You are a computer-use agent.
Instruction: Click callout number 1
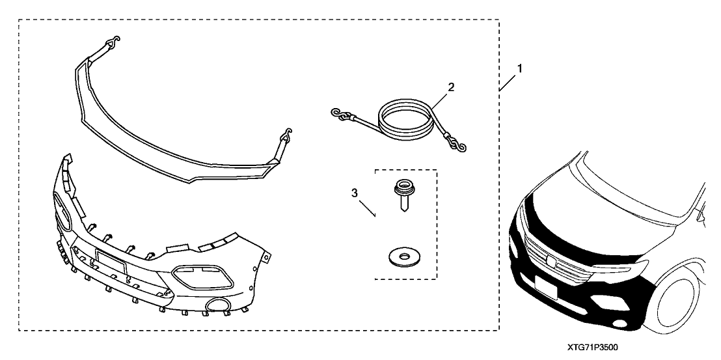click(x=519, y=68)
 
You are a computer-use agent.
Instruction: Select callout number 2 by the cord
click(x=451, y=87)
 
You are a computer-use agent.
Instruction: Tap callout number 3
click(x=355, y=193)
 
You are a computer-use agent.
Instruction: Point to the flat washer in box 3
click(x=404, y=256)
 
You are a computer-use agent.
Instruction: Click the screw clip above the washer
click(x=403, y=196)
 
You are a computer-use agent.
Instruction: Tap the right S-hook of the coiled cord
click(x=458, y=145)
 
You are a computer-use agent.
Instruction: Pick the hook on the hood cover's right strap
click(x=286, y=133)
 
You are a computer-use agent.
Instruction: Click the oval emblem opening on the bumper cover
click(x=64, y=211)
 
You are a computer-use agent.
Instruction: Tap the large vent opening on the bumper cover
click(x=203, y=277)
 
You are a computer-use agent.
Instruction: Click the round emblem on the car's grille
click(x=551, y=260)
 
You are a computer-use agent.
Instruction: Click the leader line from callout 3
click(x=368, y=208)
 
